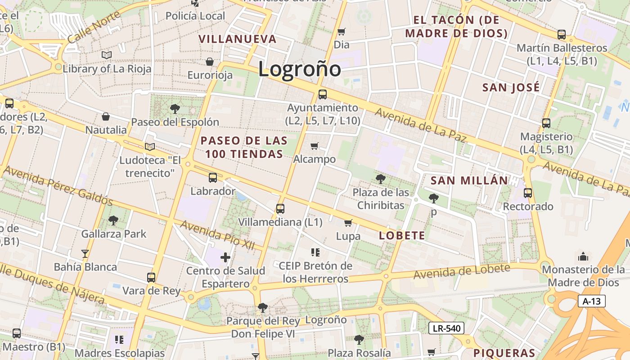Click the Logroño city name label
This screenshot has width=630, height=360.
coord(300,69)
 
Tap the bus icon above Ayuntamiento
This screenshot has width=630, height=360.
coord(322,94)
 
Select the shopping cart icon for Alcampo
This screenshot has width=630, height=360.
coord(314,146)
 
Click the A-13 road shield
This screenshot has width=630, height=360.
coord(591,301)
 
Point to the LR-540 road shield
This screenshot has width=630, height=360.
coord(446,328)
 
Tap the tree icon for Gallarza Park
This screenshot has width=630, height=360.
coord(113,220)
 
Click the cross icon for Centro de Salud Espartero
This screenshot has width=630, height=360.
coord(225,257)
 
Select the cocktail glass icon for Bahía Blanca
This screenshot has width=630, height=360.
coord(85,254)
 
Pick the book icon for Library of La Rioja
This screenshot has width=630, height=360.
coord(106,55)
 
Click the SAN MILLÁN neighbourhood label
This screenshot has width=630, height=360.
coord(469,181)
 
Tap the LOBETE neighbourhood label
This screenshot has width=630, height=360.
coord(402,235)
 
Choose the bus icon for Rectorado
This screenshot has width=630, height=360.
coord(528,193)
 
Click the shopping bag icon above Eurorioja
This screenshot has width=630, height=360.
coord(210,62)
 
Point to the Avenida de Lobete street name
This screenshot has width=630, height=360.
coord(462,271)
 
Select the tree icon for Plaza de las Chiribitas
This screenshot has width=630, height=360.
coord(380,179)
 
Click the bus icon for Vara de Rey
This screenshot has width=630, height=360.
coord(151,278)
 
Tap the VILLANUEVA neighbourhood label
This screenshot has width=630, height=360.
coord(238,39)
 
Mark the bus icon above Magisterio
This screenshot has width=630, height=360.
coord(546,123)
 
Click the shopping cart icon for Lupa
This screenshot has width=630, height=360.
coord(348,223)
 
